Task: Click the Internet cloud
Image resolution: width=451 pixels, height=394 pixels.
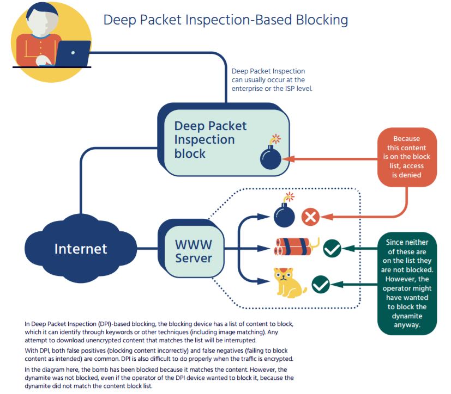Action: [x=81, y=249]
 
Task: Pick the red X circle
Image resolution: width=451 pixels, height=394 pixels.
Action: [x=310, y=217]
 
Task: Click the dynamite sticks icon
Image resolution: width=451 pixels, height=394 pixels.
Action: [x=296, y=247]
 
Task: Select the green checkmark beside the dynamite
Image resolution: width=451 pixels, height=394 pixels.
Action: [x=332, y=248]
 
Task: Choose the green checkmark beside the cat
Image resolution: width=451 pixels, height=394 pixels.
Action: [x=321, y=285]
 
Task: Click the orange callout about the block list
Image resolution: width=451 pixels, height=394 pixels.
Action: [x=407, y=157]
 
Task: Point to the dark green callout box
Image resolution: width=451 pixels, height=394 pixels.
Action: [x=407, y=284]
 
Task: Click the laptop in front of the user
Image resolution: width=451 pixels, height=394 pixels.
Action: [x=73, y=53]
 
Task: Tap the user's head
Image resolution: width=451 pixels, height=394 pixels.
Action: [x=43, y=18]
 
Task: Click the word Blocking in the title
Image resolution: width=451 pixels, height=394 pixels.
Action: [x=322, y=20]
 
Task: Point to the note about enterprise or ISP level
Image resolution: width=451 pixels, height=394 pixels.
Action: [x=272, y=80]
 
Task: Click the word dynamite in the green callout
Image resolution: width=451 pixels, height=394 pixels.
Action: [x=407, y=316]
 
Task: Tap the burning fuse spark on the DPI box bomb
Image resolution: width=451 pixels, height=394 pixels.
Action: [x=276, y=139]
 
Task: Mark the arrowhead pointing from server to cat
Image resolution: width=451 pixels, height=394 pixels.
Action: [x=263, y=281]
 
